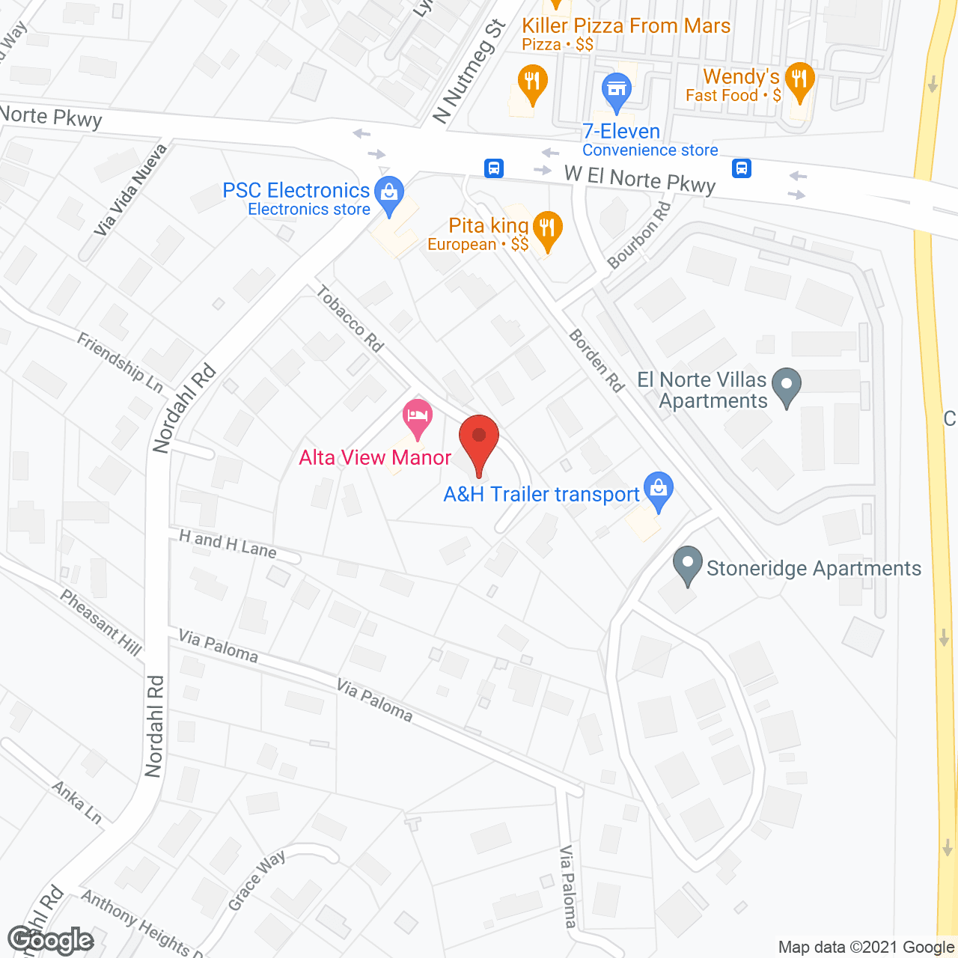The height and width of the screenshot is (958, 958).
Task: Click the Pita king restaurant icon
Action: pos(548,229)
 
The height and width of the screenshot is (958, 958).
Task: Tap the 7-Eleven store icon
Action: pos(617,91)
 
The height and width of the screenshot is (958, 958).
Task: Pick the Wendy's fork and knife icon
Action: pos(799,81)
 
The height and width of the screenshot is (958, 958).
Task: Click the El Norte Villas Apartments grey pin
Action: pos(786,386)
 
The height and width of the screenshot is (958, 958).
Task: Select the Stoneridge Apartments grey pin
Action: pos(687,566)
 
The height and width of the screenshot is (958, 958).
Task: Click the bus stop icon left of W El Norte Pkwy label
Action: pos(494,168)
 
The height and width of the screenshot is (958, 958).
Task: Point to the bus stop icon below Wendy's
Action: pos(742,168)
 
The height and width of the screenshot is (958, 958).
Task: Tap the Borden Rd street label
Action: pos(597,360)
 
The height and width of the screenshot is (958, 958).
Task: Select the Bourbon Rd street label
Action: pos(639,235)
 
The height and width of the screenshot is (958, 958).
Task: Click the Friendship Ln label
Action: pos(120,362)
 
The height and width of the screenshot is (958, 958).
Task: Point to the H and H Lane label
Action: pos(228,544)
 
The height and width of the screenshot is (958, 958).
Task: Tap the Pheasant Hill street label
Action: pos(101,622)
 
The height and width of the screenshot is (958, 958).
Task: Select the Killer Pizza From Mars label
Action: pos(626,26)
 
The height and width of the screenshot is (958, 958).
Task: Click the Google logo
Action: pos(51,940)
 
